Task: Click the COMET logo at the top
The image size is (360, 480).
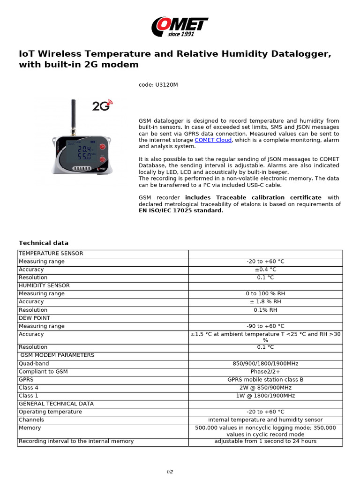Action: tap(180, 27)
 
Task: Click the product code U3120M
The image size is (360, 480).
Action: tap(158, 85)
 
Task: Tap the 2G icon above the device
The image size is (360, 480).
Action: tap(102, 105)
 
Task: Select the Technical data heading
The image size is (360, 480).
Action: tap(44, 243)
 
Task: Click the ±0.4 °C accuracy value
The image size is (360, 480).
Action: tap(265, 270)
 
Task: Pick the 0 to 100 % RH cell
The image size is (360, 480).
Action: tap(265, 294)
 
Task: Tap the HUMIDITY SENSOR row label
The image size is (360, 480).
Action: tap(44, 285)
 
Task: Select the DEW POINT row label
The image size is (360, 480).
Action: tap(34, 318)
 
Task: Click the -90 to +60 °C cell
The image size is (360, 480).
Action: tap(265, 326)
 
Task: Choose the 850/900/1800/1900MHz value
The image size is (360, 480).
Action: tap(265, 364)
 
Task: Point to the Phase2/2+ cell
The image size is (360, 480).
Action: tap(265, 372)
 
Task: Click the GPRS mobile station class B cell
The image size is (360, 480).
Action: tap(265, 380)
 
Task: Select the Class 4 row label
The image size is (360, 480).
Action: tap(29, 388)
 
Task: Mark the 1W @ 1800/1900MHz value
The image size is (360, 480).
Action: tap(265, 396)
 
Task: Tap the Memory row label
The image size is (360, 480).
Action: tap(30, 428)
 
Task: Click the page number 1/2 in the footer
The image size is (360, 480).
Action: tap(170, 472)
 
